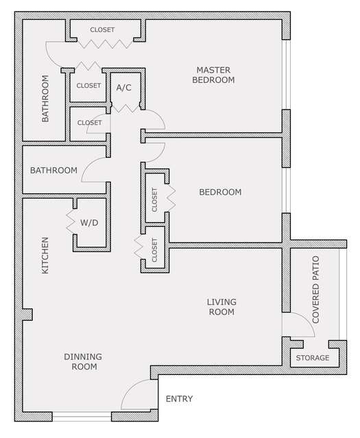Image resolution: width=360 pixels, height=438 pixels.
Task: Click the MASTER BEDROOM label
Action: click(x=213, y=75)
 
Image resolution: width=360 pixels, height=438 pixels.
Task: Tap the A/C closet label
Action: click(x=124, y=88)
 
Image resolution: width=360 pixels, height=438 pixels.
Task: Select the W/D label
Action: click(x=89, y=223)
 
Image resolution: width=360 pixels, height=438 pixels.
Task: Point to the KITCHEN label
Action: click(x=45, y=255)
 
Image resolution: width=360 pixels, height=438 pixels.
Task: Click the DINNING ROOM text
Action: click(x=83, y=361)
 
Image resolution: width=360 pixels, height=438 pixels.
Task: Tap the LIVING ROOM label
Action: click(x=221, y=306)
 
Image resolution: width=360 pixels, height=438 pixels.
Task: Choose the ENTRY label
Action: click(x=179, y=399)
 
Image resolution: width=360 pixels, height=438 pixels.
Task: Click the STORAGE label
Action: click(x=313, y=358)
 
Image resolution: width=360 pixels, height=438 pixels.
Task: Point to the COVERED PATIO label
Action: click(x=315, y=290)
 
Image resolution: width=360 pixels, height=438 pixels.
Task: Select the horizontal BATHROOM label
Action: click(x=53, y=171)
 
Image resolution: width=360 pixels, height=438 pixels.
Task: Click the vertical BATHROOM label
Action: click(x=45, y=98)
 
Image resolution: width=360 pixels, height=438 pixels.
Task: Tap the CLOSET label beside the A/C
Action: click(x=88, y=86)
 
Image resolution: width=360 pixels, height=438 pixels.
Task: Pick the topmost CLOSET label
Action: click(x=102, y=29)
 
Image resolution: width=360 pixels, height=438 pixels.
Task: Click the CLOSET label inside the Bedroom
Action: click(x=154, y=199)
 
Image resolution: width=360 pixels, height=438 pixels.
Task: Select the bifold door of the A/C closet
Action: click(x=125, y=108)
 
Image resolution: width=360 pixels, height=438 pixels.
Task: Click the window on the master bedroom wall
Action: click(x=286, y=75)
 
